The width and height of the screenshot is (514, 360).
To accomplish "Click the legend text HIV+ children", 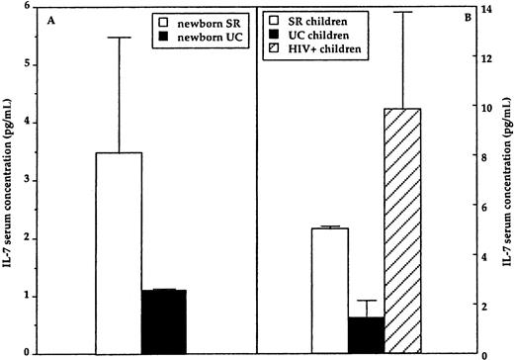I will pyautogui.click(x=315, y=48).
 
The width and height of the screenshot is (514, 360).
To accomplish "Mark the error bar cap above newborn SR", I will pyautogui.click(x=119, y=38).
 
